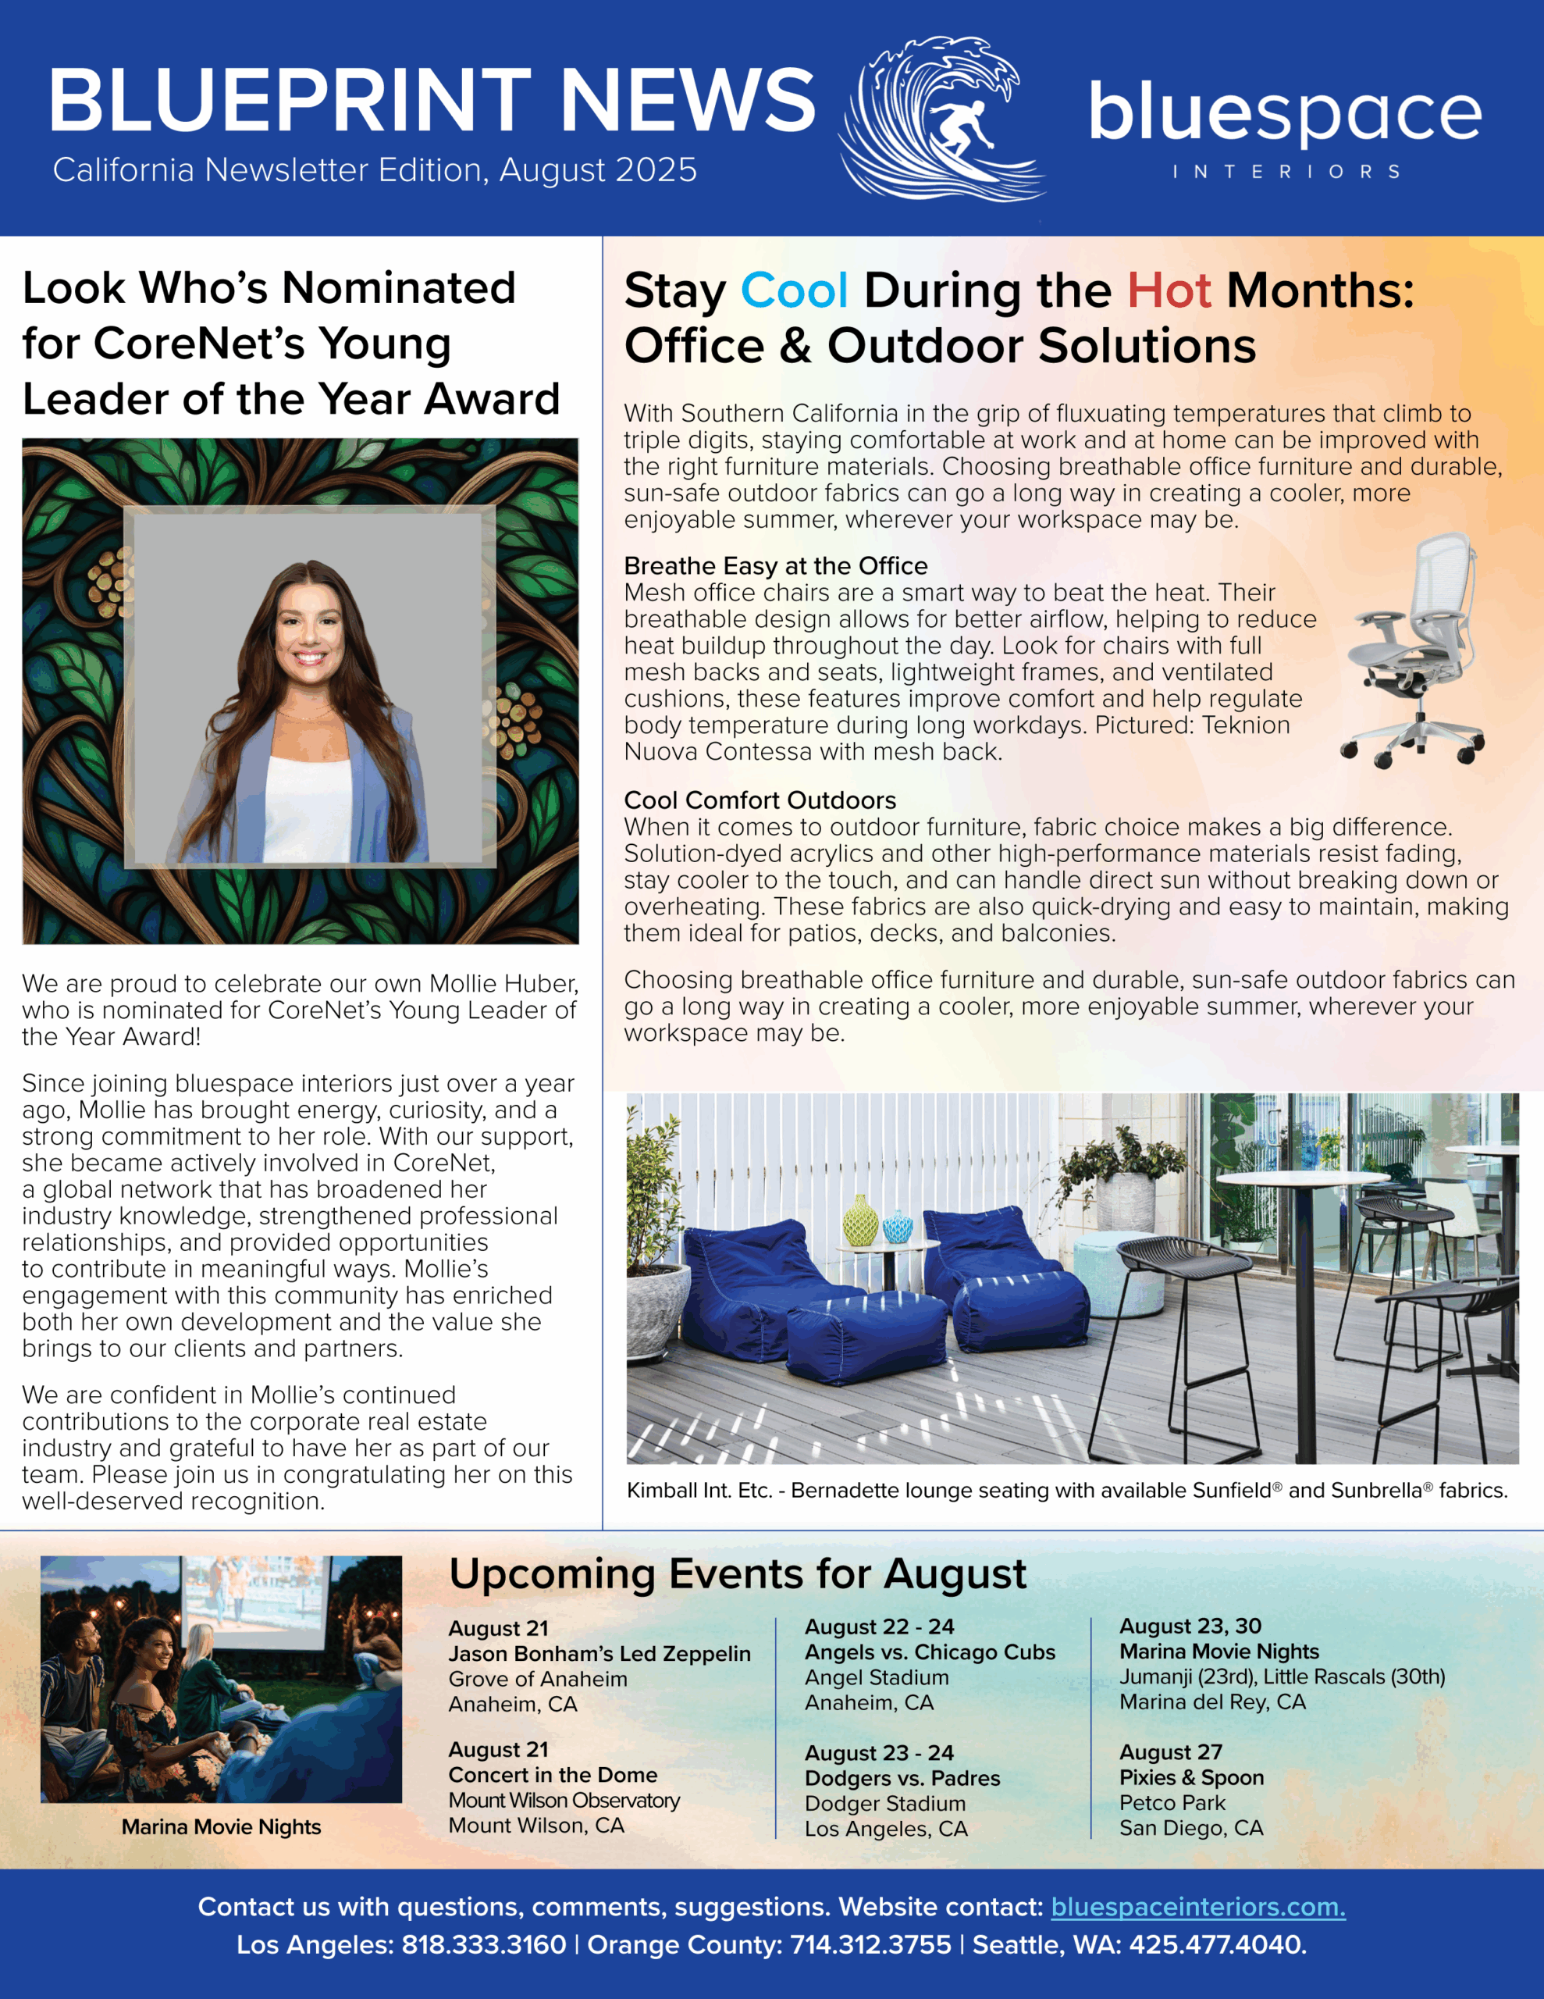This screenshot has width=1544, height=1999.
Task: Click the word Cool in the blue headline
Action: [794, 291]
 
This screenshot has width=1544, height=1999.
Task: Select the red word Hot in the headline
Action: [1169, 291]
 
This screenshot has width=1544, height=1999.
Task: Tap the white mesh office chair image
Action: [1413, 652]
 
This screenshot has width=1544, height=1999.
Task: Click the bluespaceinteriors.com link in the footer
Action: [1197, 1907]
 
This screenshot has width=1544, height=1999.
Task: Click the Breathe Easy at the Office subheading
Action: [775, 565]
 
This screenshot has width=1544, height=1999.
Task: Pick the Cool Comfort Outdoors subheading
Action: [760, 800]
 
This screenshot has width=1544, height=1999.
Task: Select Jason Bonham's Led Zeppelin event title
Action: [599, 1654]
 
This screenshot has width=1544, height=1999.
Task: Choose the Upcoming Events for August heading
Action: [737, 1574]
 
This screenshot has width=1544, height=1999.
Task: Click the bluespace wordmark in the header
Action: [1284, 115]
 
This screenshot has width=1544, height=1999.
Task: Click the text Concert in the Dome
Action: [552, 1775]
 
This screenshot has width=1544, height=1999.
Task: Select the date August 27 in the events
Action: [1169, 1752]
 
